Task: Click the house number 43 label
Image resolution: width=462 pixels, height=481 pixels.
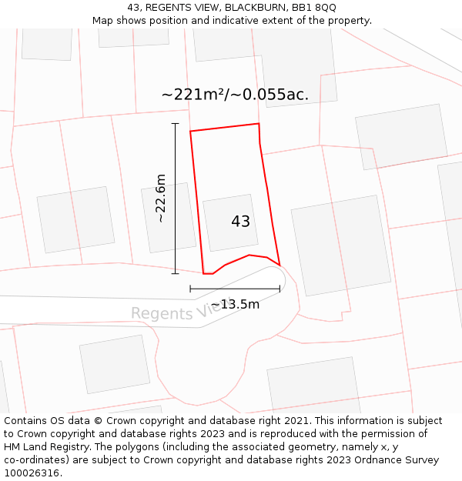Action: click(240, 222)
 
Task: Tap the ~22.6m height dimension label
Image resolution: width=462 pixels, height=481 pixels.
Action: click(160, 199)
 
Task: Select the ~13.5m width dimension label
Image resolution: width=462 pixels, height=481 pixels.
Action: click(235, 304)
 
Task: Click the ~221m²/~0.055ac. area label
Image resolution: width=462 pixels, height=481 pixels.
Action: click(235, 95)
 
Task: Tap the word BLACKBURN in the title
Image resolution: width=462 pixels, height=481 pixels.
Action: click(256, 7)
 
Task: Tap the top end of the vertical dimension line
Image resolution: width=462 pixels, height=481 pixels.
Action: click(175, 123)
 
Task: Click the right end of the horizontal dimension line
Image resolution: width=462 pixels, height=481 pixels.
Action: click(280, 289)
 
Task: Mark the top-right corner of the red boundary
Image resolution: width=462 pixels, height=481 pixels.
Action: click(259, 124)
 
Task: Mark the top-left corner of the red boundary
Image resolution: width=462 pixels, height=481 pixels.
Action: click(190, 132)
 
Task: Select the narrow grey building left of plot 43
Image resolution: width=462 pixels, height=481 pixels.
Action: click(168, 218)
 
